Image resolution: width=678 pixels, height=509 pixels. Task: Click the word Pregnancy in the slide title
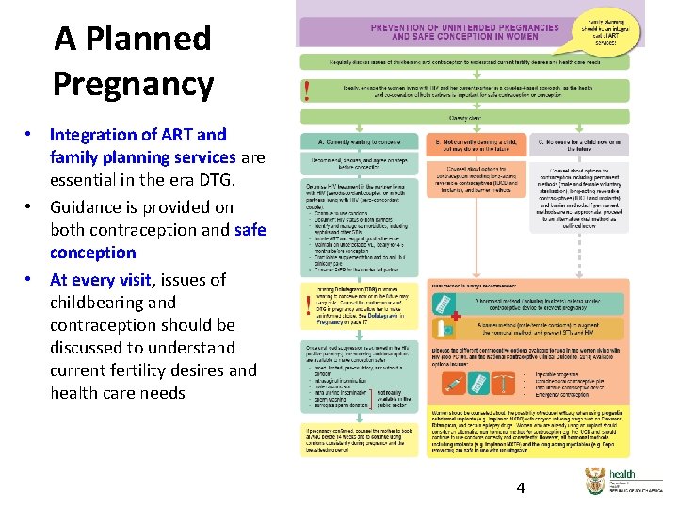coord(133,84)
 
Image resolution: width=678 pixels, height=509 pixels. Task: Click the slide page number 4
coord(520,487)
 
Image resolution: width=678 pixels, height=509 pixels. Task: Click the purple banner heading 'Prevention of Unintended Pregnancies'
coord(452,32)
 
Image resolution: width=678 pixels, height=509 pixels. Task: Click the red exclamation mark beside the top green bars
coord(307,91)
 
